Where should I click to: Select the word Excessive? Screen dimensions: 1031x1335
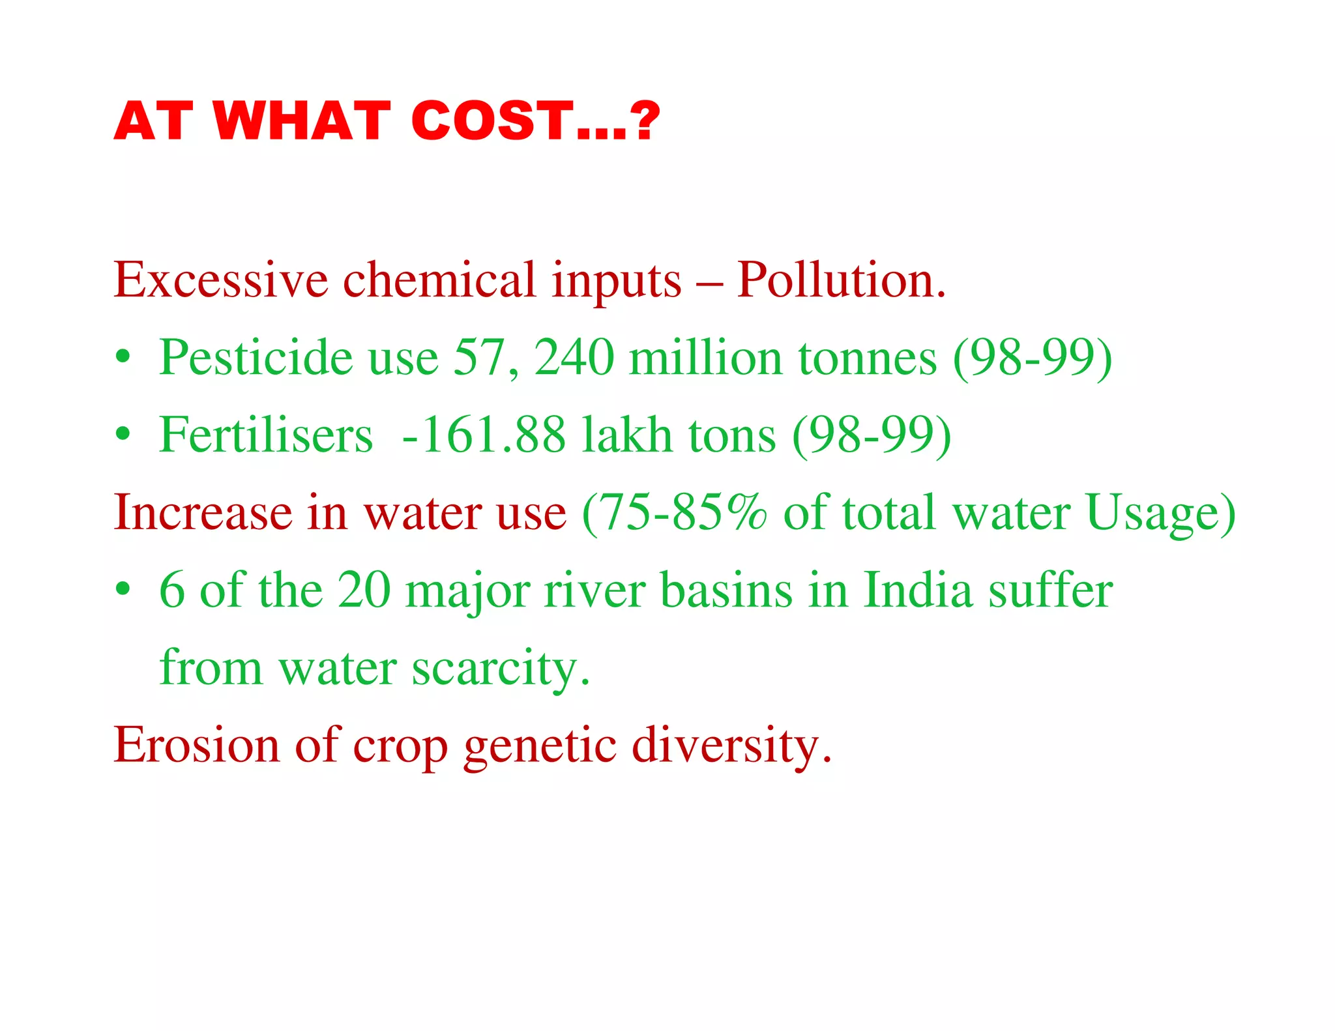pos(221,280)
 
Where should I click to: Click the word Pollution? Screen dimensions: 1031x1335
pos(841,280)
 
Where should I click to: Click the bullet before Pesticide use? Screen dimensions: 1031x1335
pos(123,357)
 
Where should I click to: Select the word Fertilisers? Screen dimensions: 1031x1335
pos(266,435)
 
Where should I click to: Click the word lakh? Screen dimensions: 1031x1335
pos(626,435)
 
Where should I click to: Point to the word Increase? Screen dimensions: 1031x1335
pos(203,512)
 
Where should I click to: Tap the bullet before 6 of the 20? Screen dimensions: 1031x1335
pos(123,589)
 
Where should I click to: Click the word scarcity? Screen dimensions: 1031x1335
pos(501,667)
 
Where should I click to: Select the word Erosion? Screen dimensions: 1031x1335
pos(196,744)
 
